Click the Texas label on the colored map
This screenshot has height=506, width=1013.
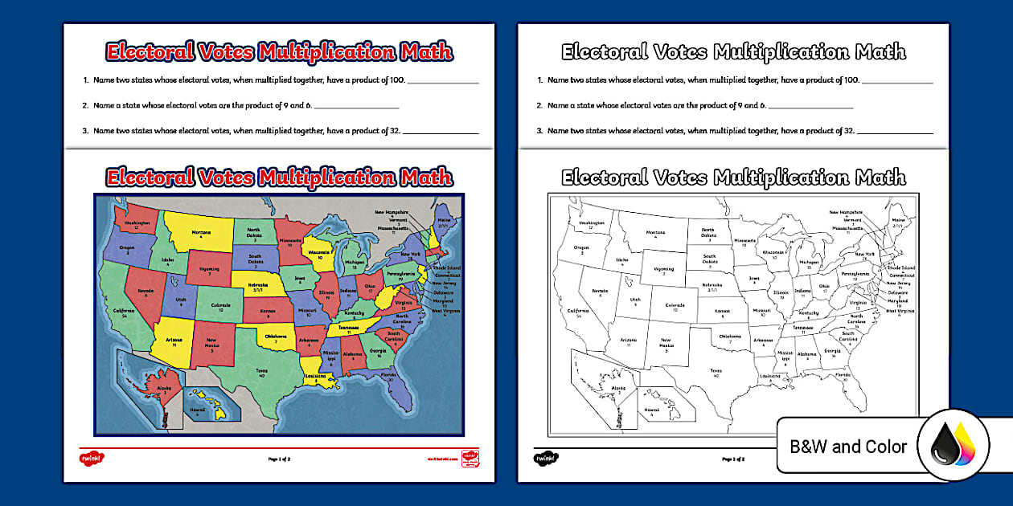pos(261,372)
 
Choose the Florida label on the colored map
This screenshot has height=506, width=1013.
pos(388,375)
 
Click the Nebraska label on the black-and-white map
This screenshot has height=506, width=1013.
pos(712,287)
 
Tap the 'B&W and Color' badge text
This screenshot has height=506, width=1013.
pos(847,447)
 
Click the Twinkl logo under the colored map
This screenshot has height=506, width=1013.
pos(92,459)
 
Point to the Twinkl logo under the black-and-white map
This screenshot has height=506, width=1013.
pos(546,459)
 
